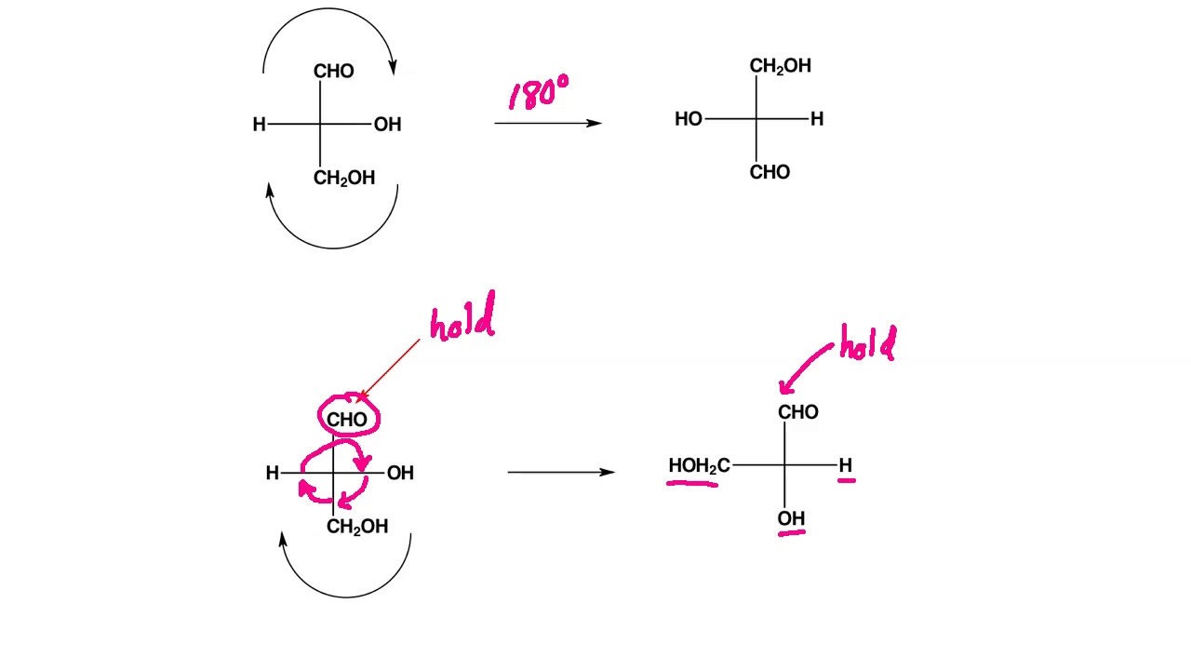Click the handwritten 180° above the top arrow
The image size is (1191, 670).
click(539, 94)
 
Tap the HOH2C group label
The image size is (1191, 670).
click(698, 465)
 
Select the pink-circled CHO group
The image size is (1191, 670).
click(347, 420)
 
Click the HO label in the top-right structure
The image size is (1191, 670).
click(689, 119)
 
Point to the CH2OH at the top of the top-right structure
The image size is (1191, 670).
click(780, 66)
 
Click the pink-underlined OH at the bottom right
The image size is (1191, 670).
click(791, 518)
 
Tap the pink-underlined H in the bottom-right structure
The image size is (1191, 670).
click(845, 464)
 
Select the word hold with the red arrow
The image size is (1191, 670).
click(462, 320)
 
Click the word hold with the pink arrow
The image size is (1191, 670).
click(867, 345)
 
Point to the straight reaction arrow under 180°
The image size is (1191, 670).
click(547, 123)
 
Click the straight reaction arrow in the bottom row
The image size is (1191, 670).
click(560, 472)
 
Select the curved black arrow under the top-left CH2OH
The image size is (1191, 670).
click(332, 233)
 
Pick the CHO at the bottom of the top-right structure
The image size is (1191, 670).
click(769, 172)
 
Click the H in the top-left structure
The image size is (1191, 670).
click(259, 125)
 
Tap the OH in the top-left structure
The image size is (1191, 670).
click(387, 125)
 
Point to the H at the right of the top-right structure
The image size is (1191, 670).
click(817, 119)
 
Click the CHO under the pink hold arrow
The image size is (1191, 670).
click(798, 412)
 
